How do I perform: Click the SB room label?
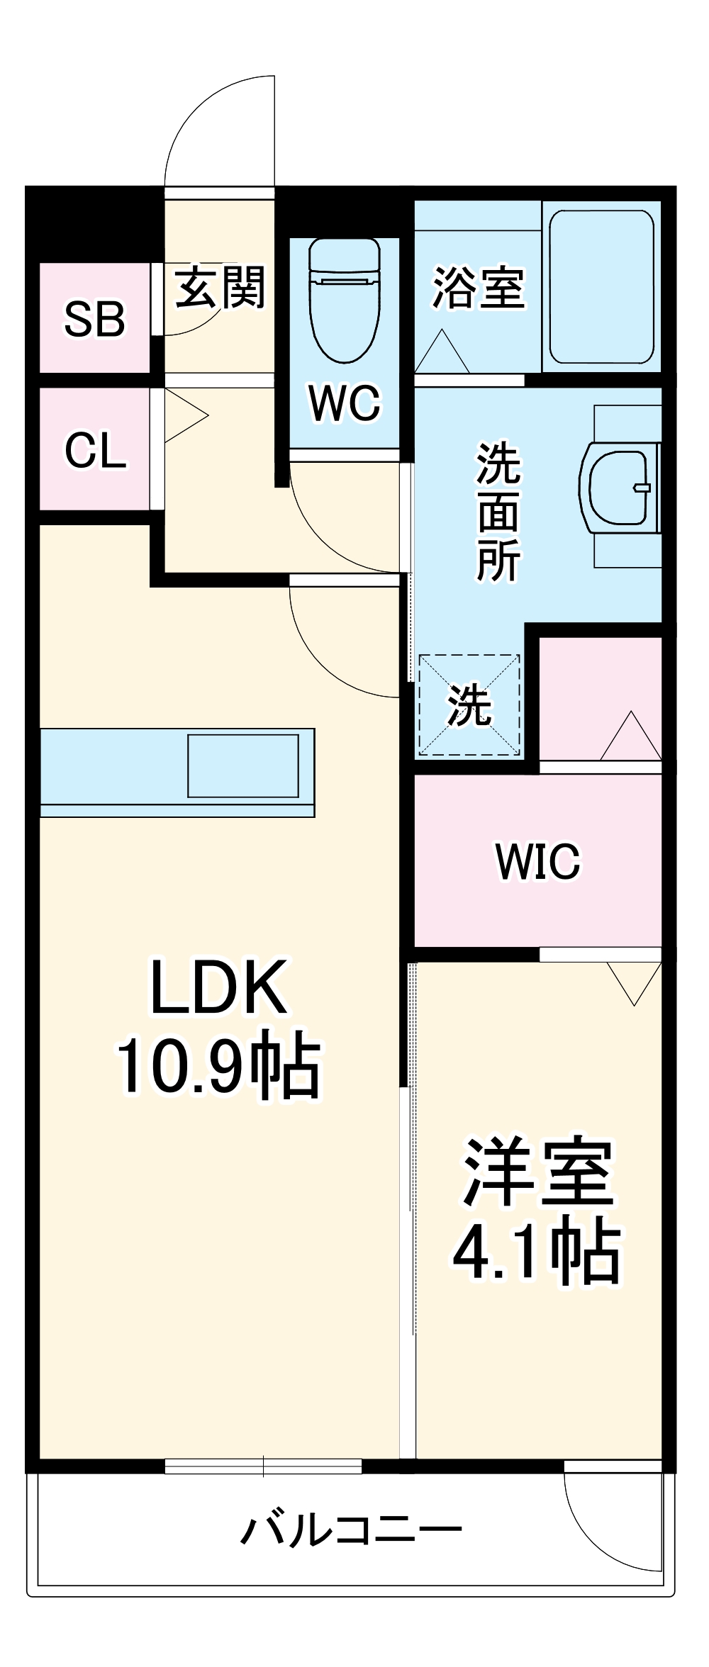(94, 319)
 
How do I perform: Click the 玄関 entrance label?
(220, 287)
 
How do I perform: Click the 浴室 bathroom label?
(479, 287)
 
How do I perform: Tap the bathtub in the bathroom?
(601, 286)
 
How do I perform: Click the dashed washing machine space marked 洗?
(469, 705)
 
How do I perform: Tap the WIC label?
(537, 861)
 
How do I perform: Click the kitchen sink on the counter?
(242, 766)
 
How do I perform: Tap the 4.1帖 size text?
(537, 1251)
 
